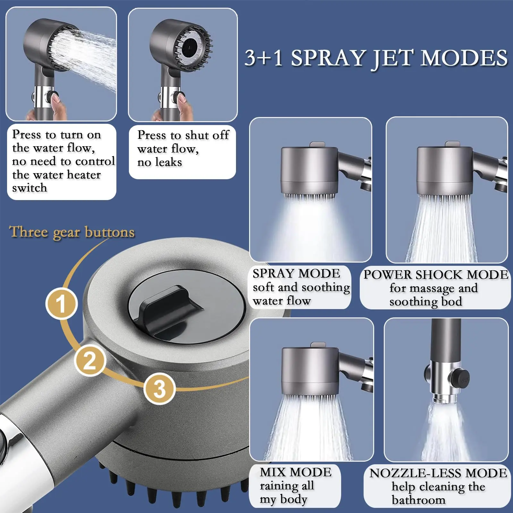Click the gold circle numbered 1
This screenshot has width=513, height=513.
[x=61, y=304]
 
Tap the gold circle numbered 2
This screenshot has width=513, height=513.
[x=90, y=360]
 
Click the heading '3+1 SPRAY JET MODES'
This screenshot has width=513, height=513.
[x=376, y=58]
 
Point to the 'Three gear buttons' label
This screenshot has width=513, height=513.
[x=72, y=232]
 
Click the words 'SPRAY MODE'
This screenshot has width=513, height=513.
[x=296, y=273]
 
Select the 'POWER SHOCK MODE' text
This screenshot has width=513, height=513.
[x=436, y=274]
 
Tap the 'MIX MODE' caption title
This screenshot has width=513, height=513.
[x=296, y=472]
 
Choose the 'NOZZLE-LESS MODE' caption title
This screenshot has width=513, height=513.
[x=438, y=473]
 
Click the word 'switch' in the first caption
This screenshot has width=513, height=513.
[x=29, y=188]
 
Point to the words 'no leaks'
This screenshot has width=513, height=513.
[x=160, y=162]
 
